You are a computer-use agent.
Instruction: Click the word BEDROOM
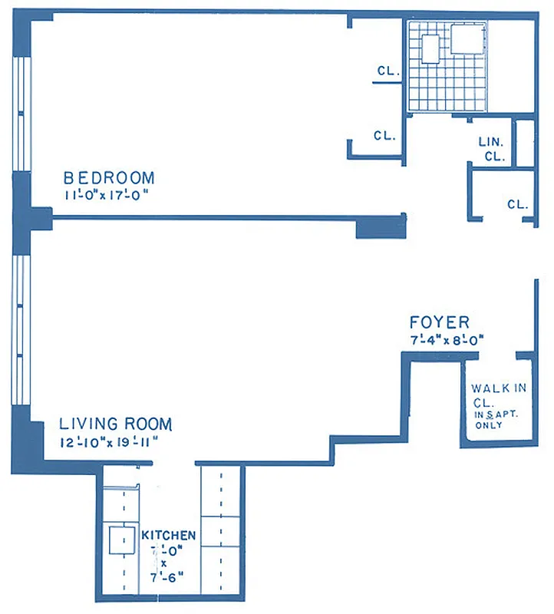(108, 178)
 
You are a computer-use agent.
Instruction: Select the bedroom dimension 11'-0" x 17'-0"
(105, 195)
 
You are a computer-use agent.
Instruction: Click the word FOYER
(440, 322)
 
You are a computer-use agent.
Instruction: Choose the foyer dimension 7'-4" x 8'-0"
(449, 339)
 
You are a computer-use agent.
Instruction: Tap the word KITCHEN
(169, 535)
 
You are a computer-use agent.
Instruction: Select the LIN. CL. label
(491, 149)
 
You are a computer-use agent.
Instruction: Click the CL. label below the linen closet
(518, 204)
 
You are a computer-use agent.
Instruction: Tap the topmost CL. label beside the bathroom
(387, 71)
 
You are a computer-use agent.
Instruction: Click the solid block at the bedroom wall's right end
(381, 226)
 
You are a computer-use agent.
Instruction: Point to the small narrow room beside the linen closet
(525, 143)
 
